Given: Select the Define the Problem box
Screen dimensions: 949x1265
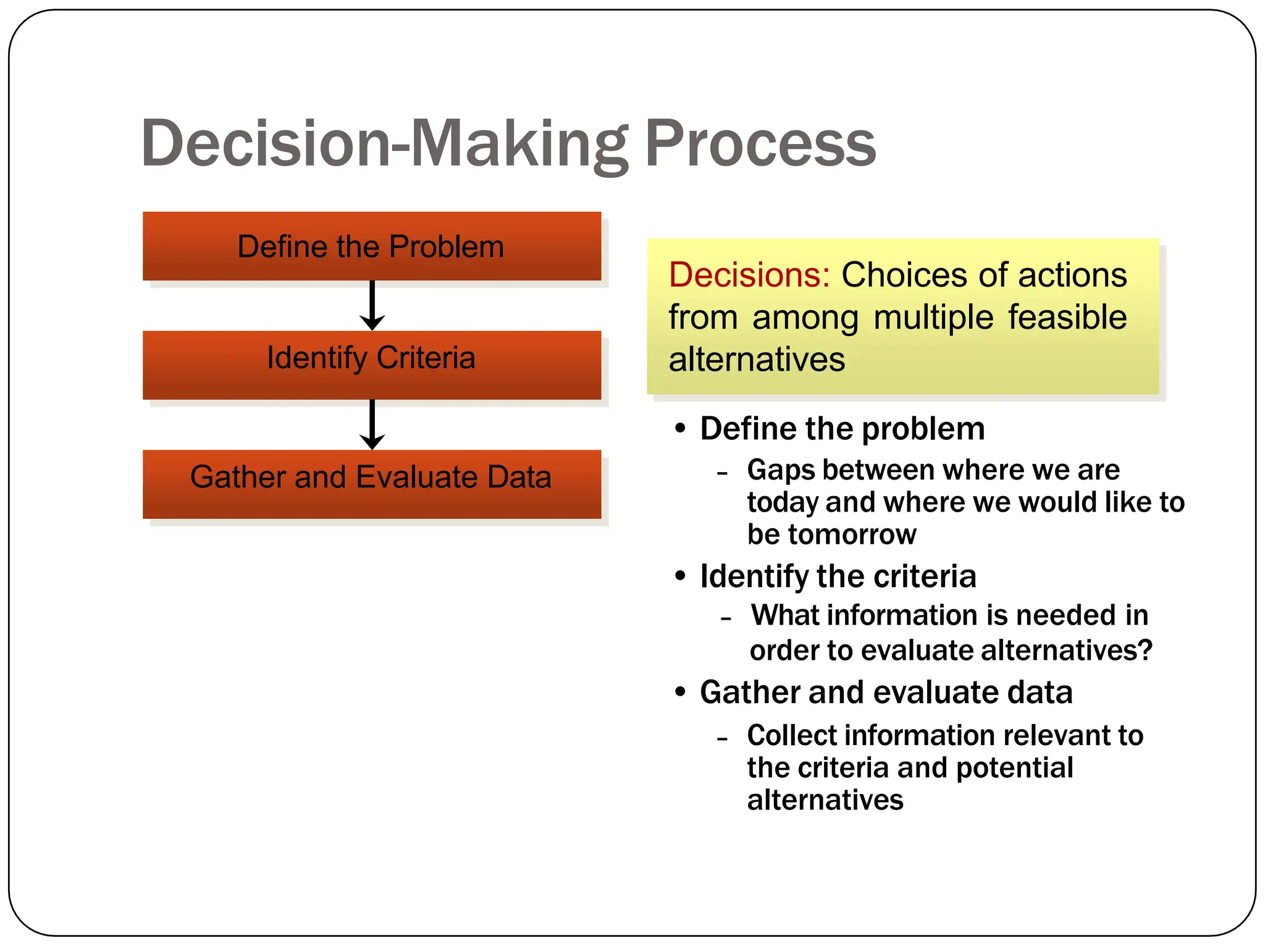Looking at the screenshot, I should [x=371, y=247].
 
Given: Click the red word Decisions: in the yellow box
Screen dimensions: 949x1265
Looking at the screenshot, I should [x=749, y=275].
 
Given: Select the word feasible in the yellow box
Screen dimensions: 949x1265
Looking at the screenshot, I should [x=1067, y=318].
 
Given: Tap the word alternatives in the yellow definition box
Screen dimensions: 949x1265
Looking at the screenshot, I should [x=757, y=360].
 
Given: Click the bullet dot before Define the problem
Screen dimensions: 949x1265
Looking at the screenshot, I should [x=680, y=428].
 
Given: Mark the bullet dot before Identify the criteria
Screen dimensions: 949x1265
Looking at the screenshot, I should [x=680, y=576].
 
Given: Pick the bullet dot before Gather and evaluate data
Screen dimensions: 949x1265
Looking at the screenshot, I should [x=680, y=691].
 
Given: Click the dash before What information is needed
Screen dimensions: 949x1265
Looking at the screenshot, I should [x=726, y=618].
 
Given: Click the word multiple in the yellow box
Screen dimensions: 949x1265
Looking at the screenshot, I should [x=933, y=318].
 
